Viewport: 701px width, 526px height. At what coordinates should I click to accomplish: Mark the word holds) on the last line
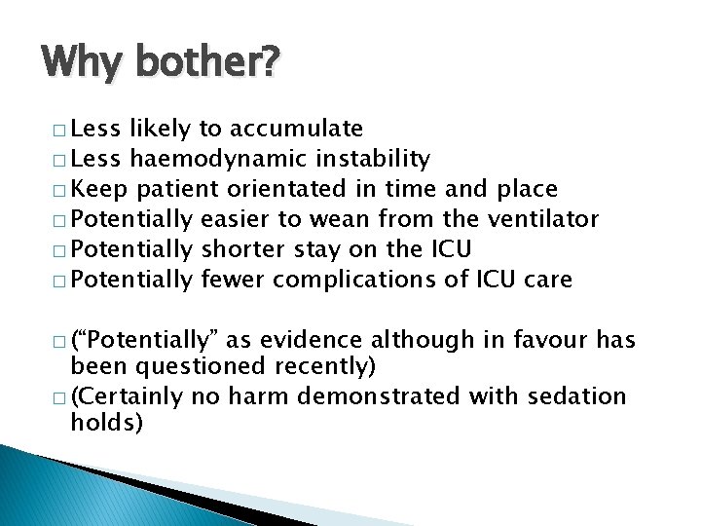click(x=106, y=424)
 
